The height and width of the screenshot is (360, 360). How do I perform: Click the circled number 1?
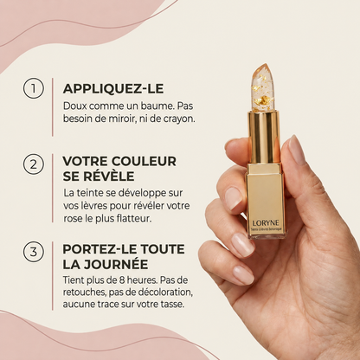[x=34, y=88]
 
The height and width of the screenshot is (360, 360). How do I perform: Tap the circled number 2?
[x=34, y=164]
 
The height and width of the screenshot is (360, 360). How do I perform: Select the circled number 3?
[x=34, y=252]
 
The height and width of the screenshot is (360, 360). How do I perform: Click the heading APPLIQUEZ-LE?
[x=113, y=88]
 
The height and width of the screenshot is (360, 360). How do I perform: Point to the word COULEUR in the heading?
[x=144, y=161]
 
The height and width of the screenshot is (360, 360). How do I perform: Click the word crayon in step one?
[x=179, y=119]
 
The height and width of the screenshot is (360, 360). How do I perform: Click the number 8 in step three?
[x=121, y=280]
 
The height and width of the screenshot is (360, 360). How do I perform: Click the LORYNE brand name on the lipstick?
[x=266, y=223]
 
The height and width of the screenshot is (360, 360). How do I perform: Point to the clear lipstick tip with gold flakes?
[x=263, y=88]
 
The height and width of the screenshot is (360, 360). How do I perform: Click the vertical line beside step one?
[x=53, y=107]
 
